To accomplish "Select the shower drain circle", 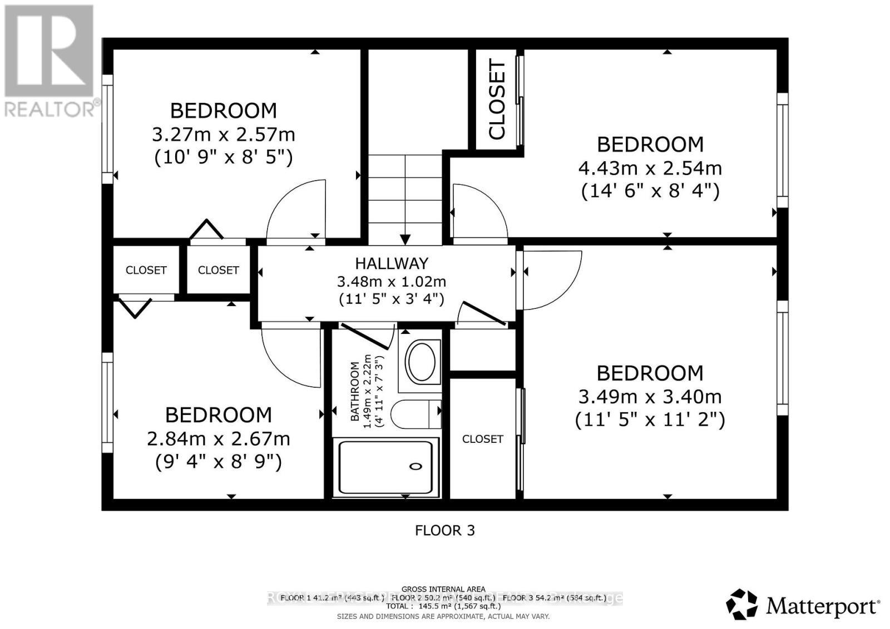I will tap(416, 466).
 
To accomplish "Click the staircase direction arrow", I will tap(405, 239).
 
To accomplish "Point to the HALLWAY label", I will tap(392, 263).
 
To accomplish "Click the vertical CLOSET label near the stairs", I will tap(497, 100).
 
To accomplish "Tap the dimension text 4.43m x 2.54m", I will tap(650, 168).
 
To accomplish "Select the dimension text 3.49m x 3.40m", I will tap(650, 397).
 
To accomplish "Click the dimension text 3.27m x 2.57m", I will tap(223, 134).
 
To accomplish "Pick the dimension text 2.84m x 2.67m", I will tap(218, 439).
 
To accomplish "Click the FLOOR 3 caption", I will tap(445, 530).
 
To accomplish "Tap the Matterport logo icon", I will tap(742, 605).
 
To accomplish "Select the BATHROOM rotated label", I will tap(355, 391).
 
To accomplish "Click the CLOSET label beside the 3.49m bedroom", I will tap(482, 439).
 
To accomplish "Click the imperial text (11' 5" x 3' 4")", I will tap(392, 299).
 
